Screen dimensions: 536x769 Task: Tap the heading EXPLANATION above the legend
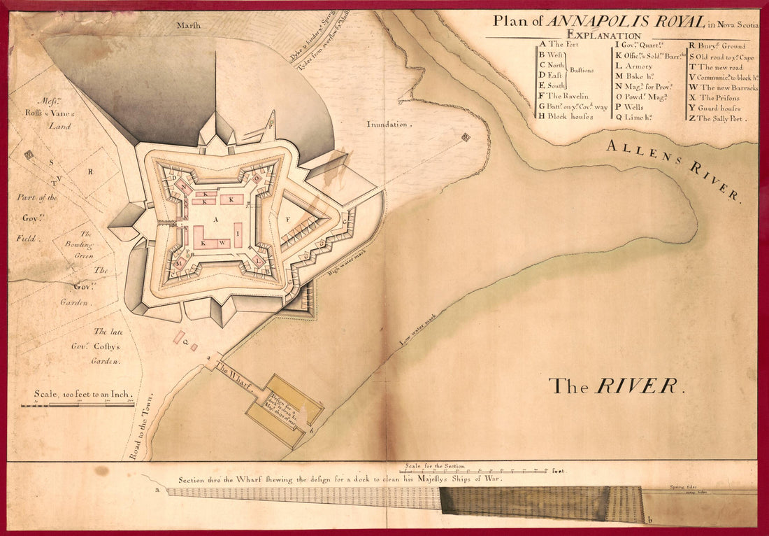(x=604, y=35)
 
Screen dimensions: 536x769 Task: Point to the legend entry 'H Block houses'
(x=566, y=116)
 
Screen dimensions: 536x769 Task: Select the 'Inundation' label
(x=389, y=124)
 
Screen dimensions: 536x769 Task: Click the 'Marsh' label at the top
(x=189, y=24)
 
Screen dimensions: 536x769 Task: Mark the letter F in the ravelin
(x=287, y=219)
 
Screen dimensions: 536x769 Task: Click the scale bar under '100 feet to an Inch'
(x=83, y=404)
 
